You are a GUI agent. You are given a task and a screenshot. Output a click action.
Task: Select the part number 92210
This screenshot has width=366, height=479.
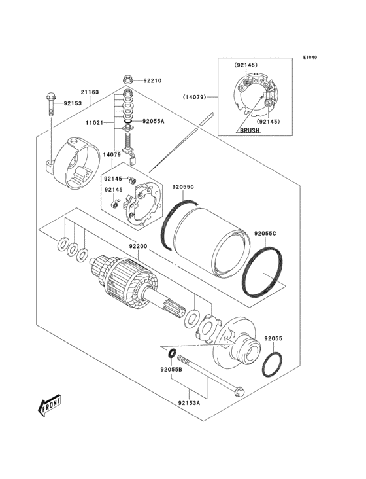pyautogui.click(x=152, y=81)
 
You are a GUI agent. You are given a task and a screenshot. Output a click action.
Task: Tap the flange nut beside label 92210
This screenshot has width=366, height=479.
pyautogui.click(x=128, y=80)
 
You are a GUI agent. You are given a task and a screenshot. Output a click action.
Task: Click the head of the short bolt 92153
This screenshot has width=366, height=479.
pyautogui.click(x=50, y=98)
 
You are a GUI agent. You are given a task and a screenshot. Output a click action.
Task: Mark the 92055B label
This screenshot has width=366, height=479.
pyautogui.click(x=170, y=369)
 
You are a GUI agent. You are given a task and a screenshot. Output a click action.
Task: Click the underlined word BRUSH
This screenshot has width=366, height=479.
pyautogui.click(x=249, y=131)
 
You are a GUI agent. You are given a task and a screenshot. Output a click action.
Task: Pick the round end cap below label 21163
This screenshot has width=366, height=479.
pyautogui.click(x=73, y=163)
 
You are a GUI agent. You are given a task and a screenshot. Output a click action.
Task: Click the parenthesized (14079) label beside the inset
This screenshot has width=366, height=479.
pyautogui.click(x=195, y=97)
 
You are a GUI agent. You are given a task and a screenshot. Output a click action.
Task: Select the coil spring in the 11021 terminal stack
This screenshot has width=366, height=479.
pyautogui.click(x=128, y=140)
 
